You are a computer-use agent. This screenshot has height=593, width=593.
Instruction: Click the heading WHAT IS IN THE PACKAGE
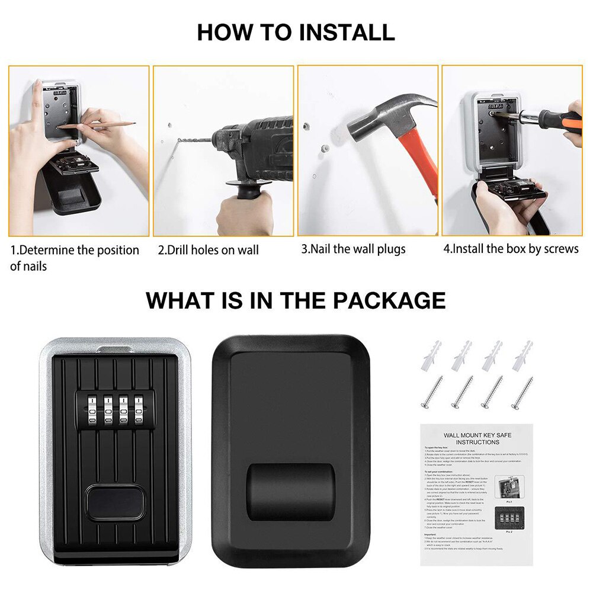(x=296, y=300)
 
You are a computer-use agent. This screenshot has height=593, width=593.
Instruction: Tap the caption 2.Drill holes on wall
(x=208, y=250)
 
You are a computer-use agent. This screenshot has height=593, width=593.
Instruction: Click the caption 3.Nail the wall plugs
(x=353, y=249)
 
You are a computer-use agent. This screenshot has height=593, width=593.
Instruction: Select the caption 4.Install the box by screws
(x=511, y=249)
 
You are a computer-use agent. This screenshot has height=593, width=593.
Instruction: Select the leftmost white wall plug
(x=431, y=356)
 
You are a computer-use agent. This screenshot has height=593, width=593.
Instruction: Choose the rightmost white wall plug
(x=523, y=356)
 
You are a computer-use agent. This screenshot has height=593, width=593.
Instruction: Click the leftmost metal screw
(x=431, y=392)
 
